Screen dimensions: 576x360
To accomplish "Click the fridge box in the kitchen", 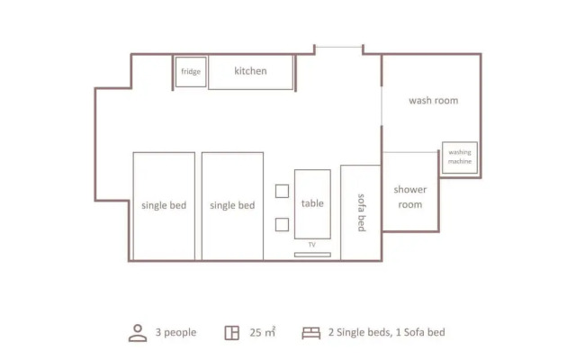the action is click(191, 72).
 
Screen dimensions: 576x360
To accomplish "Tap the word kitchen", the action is click(250, 71).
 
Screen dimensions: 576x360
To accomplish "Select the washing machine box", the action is click(460, 157).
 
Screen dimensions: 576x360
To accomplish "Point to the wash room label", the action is click(434, 100).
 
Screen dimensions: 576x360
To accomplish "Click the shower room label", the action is click(410, 197).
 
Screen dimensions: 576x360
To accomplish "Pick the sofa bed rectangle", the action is click(361, 212).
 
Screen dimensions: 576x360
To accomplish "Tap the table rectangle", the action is click(312, 204).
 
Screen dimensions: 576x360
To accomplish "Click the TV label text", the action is click(312, 245).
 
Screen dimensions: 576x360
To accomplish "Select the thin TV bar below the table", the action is click(312, 255).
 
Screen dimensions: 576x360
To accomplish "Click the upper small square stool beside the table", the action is click(282, 191).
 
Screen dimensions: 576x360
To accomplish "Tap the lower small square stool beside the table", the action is click(282, 225).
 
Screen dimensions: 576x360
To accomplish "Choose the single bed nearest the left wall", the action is click(164, 206).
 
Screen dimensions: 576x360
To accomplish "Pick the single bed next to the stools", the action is click(232, 206).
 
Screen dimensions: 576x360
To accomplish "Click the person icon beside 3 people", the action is click(138, 333).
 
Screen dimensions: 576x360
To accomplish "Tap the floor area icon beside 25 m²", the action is click(232, 333).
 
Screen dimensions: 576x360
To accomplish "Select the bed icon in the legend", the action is click(311, 333).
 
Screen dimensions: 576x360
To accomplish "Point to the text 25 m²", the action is click(263, 332).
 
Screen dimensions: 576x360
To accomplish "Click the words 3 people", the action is click(175, 332).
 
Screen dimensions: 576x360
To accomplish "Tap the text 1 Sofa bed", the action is click(420, 332).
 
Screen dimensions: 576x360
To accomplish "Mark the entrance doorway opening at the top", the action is click(338, 47).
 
